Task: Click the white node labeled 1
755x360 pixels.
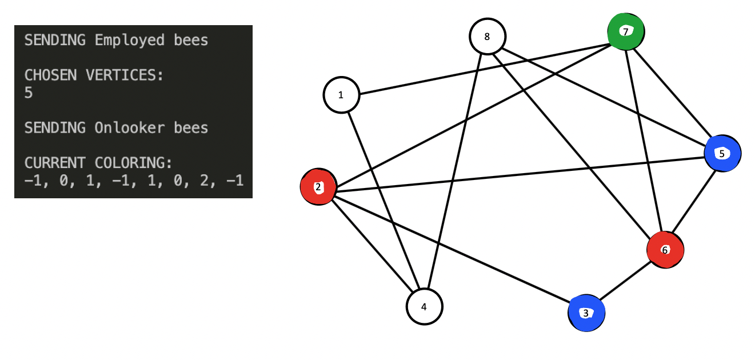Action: (x=341, y=95)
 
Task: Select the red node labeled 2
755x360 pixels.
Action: (x=318, y=187)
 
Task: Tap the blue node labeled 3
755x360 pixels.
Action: (x=586, y=313)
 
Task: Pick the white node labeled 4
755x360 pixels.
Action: (x=424, y=306)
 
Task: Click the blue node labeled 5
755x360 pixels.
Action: (x=722, y=153)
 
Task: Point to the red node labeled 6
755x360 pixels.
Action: (x=665, y=250)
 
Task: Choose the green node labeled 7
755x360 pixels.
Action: (x=626, y=31)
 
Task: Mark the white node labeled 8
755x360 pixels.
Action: (x=487, y=37)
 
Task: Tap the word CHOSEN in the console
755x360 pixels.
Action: (x=50, y=75)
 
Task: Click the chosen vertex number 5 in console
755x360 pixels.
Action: (x=29, y=93)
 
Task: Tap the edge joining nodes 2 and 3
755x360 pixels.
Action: (x=452, y=249)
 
